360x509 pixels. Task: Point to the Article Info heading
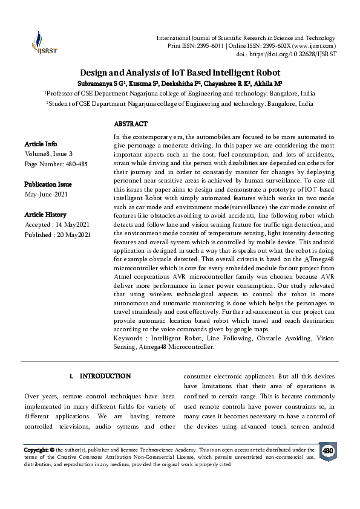[x=41, y=144]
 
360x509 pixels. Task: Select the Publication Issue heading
[x=48, y=184]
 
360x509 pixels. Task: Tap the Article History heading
[x=45, y=215]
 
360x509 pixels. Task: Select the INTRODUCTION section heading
[x=105, y=376]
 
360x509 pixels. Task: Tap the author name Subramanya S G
[x=104, y=83]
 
